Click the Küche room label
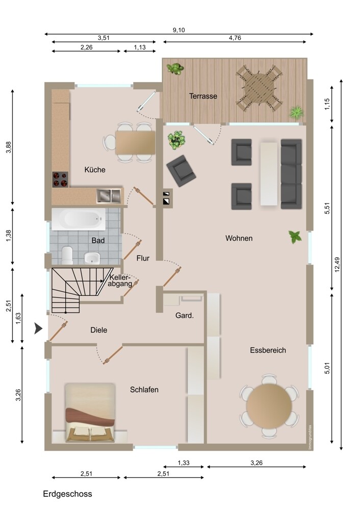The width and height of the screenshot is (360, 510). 95,169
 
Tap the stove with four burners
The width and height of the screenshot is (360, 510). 61,180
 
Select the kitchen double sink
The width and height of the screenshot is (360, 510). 109,196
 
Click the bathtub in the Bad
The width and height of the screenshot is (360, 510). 79,219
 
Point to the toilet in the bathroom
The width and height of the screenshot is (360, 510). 67,255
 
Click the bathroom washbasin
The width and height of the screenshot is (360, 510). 92,258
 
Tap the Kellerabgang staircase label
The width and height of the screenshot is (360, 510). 120,280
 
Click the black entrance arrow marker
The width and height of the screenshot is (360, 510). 38,328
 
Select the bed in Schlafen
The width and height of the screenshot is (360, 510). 90,413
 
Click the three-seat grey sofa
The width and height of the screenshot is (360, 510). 291,174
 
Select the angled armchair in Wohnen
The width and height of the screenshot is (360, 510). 181,171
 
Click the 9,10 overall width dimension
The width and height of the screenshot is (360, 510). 178,30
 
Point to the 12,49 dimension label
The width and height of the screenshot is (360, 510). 337,264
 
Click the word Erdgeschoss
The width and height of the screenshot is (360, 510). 68,494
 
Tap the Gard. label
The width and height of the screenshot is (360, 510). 185,315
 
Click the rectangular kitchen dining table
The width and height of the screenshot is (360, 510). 135,142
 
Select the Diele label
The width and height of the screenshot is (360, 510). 99,330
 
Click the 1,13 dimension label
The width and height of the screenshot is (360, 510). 140,47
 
